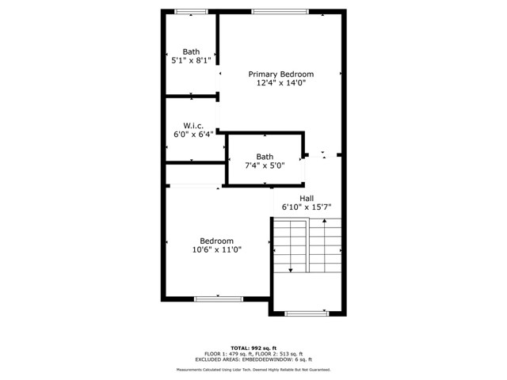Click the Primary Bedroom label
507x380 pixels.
pos(280,74)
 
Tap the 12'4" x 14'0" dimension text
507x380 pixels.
pos(280,82)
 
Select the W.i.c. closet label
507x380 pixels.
pos(194,125)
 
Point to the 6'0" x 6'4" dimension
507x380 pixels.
pos(194,134)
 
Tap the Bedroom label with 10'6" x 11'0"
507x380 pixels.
pos(216,241)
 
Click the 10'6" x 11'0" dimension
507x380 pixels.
pos(216,249)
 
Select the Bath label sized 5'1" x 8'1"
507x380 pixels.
pos(191,51)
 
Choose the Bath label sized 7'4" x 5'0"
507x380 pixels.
pos(265,157)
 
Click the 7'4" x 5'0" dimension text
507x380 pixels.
pos(265,165)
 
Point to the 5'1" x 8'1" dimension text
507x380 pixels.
pos(191,60)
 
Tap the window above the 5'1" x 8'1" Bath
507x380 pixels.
pos(191,11)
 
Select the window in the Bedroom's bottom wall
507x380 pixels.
pos(218,298)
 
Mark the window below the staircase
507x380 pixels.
pos(307,313)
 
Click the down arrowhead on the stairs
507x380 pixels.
pos(291,271)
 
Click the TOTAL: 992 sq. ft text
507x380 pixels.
pos(253,348)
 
